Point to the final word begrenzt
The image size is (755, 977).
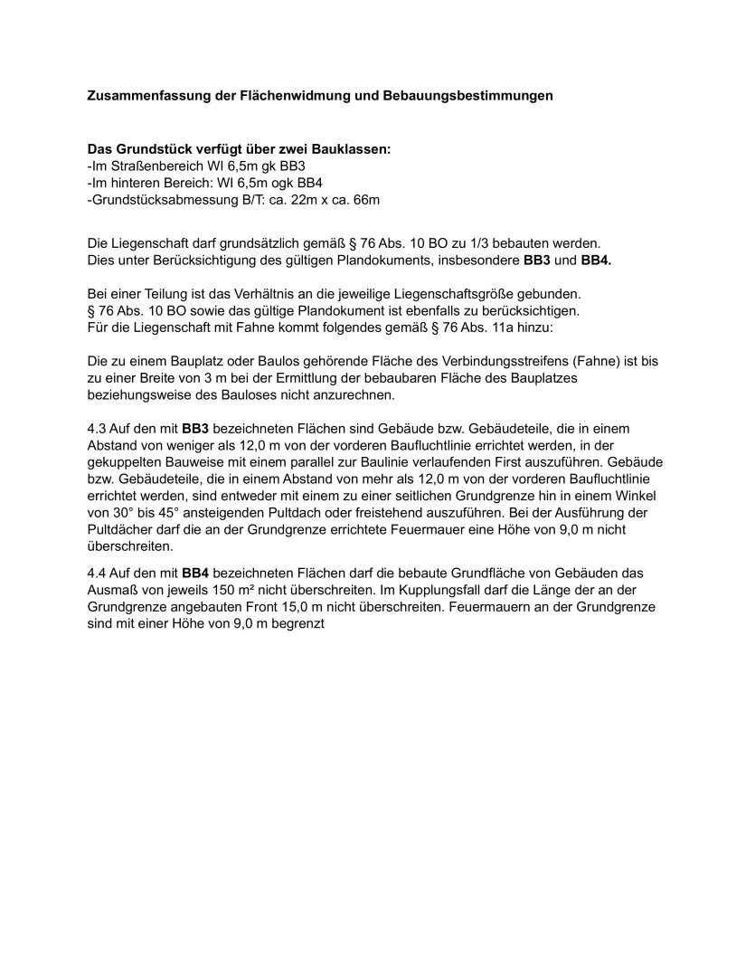click(x=297, y=623)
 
